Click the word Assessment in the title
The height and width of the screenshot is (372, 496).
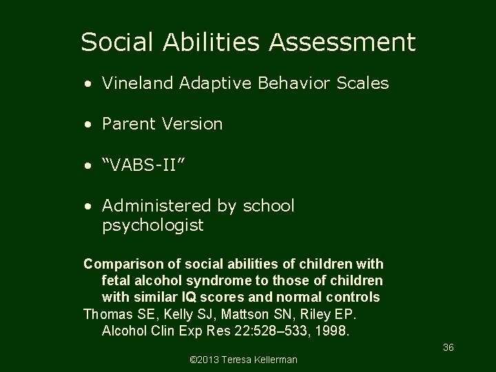[x=342, y=43]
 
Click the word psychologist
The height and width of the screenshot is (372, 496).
[x=152, y=225]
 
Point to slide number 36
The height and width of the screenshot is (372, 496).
[x=448, y=348]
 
